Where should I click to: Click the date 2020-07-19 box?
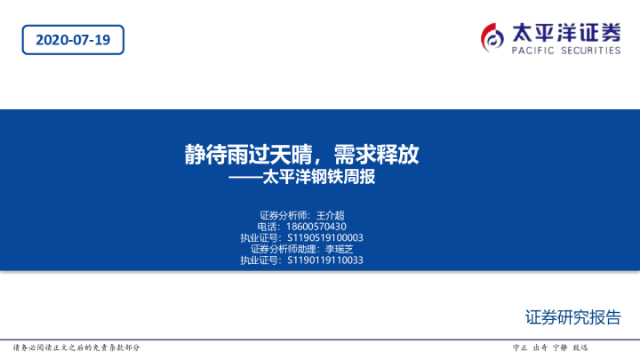point(73,40)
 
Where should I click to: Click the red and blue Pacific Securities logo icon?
point(493,36)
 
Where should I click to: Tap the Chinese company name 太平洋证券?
point(566,32)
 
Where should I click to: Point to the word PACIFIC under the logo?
point(532,51)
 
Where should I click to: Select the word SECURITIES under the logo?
point(589,51)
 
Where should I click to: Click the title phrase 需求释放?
point(382,155)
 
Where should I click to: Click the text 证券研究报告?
point(573,318)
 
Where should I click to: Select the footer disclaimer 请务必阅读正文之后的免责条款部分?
point(76,348)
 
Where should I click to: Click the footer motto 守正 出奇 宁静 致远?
point(550,348)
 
